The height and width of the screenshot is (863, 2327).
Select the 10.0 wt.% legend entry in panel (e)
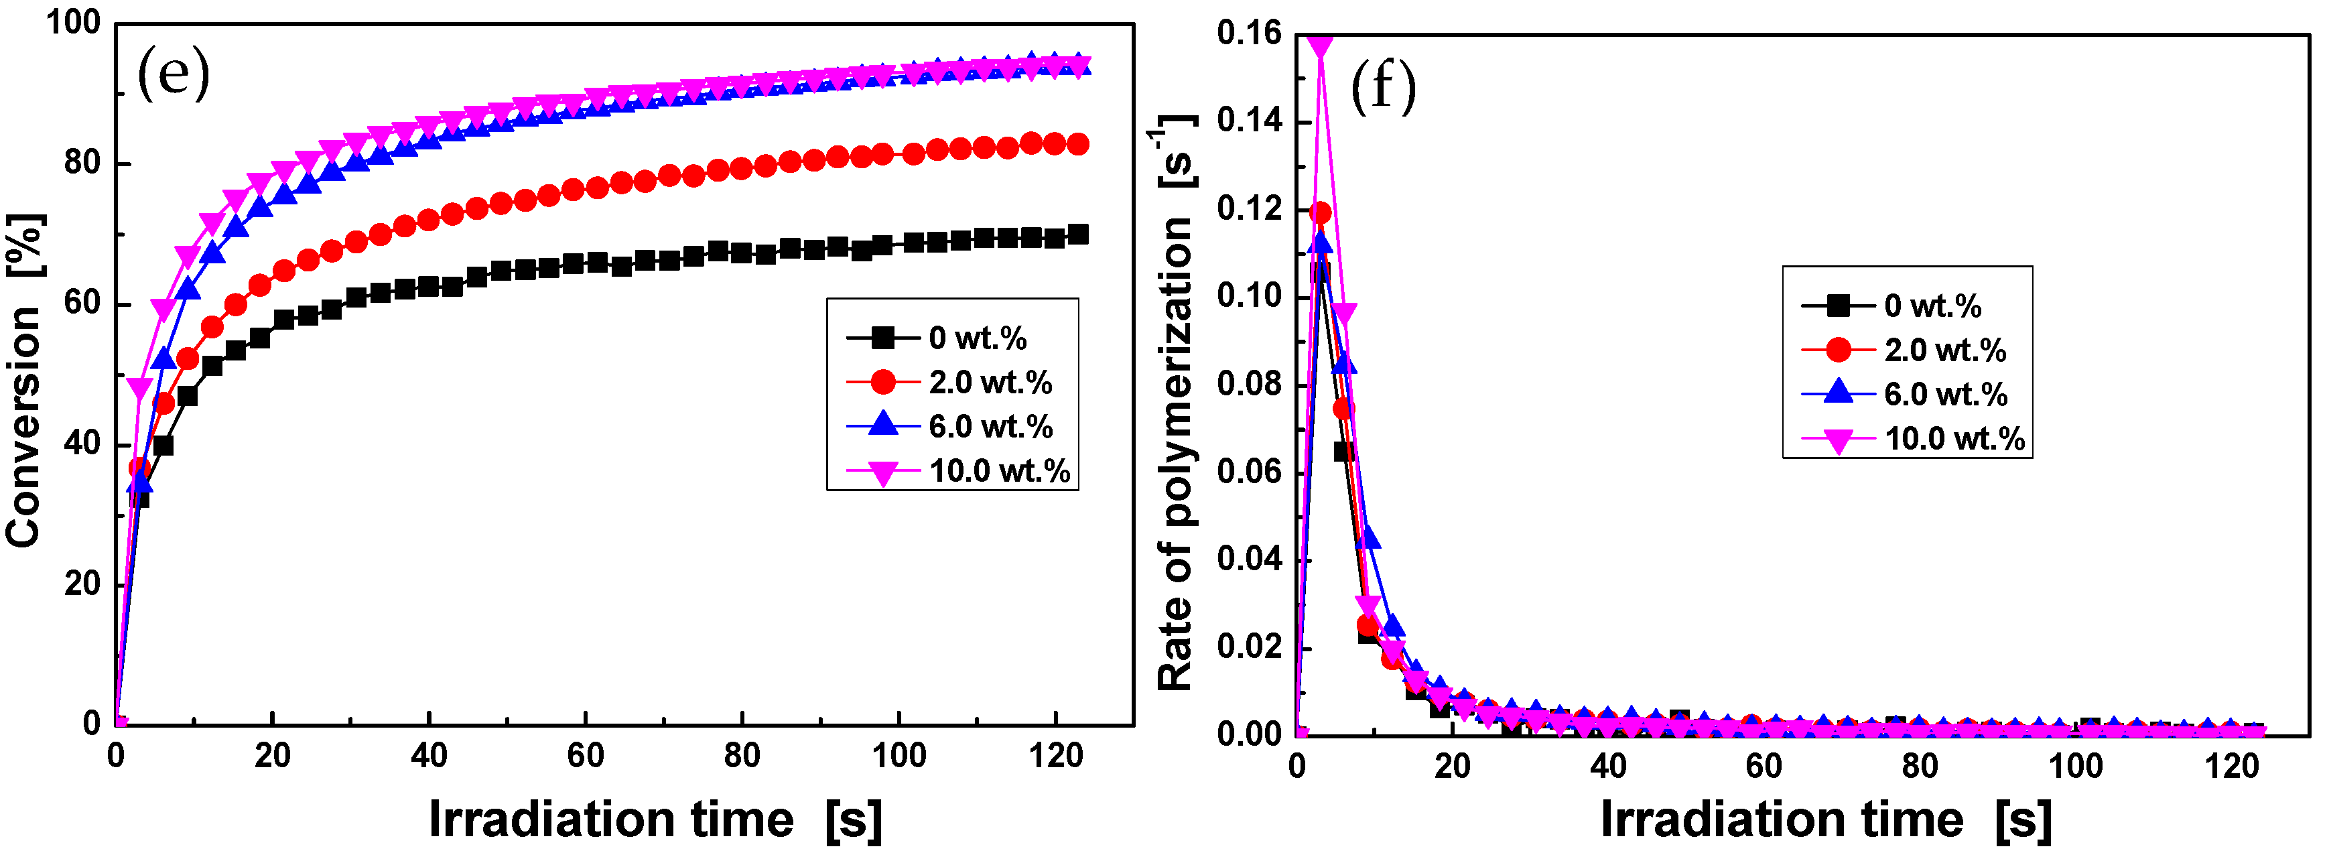pos(958,471)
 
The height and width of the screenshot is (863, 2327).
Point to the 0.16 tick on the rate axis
pos(1248,34)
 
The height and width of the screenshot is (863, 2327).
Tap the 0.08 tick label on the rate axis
pos(1248,384)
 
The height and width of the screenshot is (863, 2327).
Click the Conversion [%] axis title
pos(24,379)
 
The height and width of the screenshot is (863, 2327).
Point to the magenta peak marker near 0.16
pos(1320,45)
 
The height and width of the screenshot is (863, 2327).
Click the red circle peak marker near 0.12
pos(1320,212)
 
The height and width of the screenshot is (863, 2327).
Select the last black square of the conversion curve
pos(1077,234)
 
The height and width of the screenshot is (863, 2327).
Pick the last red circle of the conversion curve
pos(1077,143)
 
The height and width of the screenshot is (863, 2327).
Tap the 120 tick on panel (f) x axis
pos(2231,767)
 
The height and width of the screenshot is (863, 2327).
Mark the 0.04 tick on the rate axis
pos(1248,558)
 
